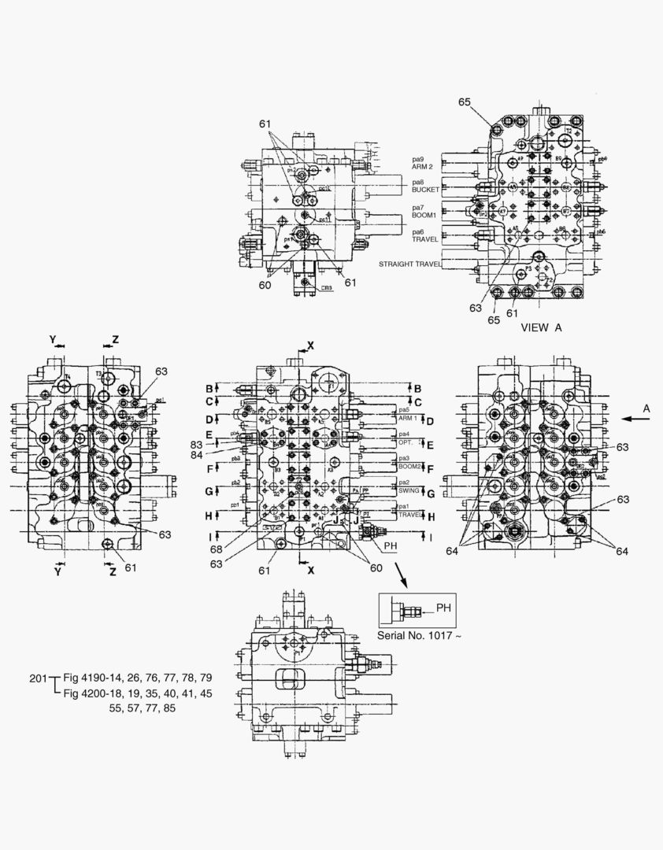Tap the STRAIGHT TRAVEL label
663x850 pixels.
[x=409, y=264]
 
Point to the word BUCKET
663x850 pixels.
[x=425, y=190]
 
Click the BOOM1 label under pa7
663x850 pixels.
[x=424, y=214]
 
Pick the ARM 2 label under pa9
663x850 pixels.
[x=423, y=166]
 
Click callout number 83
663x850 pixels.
[x=196, y=445]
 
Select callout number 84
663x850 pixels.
[x=196, y=455]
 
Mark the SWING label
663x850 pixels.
[x=409, y=490]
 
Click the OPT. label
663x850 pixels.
[x=406, y=442]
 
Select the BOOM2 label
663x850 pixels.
[x=411, y=466]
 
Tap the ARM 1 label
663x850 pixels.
[x=409, y=418]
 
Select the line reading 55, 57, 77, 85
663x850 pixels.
[x=143, y=708]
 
